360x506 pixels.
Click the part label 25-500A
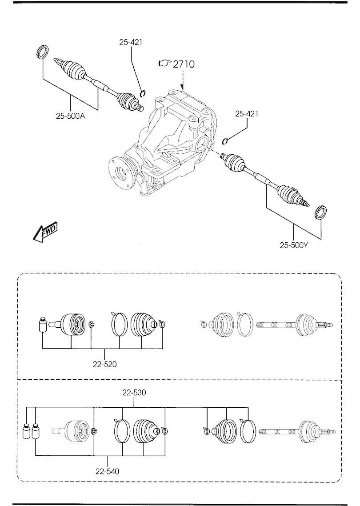tap(71, 116)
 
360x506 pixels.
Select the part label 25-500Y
tap(294, 245)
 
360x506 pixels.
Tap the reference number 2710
tap(184, 64)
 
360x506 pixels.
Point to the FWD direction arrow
tap(45, 231)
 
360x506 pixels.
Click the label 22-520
tap(105, 364)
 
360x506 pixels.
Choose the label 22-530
tap(134, 393)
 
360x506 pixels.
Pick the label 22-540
tap(107, 471)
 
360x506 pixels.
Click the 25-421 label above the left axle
tap(131, 42)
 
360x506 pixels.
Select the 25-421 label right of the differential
tap(247, 113)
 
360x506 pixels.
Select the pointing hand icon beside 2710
tap(164, 63)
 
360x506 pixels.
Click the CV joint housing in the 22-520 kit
tap(73, 325)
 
